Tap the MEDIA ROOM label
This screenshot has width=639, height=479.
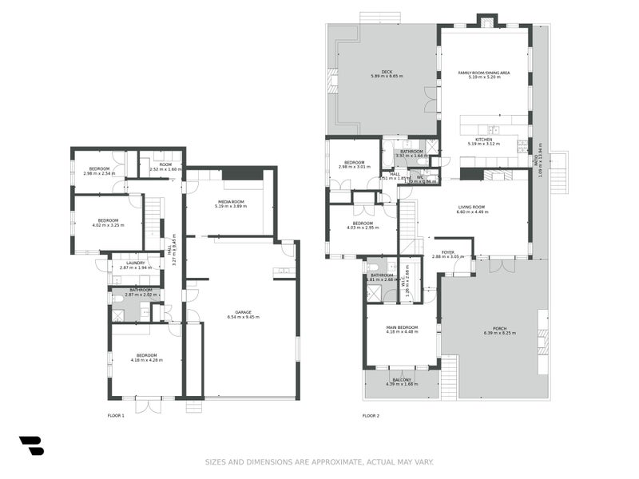[x=231, y=201]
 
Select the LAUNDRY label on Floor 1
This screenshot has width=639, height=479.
[x=135, y=263]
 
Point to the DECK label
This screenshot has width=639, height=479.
[x=387, y=71]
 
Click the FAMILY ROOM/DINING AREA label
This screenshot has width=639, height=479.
[x=484, y=72]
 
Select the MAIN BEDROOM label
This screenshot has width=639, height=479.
[x=402, y=327]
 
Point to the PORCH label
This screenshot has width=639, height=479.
[x=494, y=327]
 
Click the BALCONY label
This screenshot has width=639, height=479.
[x=402, y=380]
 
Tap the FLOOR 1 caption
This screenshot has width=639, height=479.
[x=116, y=415]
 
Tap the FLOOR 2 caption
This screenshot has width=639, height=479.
[x=371, y=415]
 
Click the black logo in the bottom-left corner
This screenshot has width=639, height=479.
[x=31, y=446]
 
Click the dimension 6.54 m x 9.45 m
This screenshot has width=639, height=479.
[x=242, y=318]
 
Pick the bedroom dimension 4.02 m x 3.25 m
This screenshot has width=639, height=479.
[x=109, y=225]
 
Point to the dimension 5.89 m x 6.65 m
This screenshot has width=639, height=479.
[x=387, y=77]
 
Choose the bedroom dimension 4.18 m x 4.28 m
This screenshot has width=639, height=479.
[x=146, y=360]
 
